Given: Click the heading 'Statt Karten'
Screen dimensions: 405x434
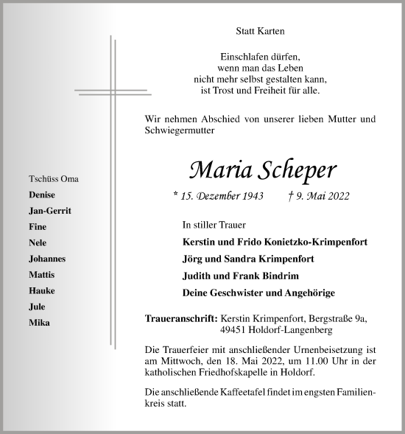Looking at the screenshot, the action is [259, 31].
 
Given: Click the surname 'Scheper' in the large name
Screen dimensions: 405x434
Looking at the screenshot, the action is [298, 169].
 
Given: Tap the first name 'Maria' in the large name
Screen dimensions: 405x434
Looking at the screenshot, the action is [219, 169].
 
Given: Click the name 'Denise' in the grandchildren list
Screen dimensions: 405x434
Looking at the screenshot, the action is [42, 195].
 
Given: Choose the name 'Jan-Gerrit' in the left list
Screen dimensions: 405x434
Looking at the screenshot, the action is [50, 211].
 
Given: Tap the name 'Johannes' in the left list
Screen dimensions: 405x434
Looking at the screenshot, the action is [47, 259].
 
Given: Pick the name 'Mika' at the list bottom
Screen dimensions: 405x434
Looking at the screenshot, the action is [39, 323].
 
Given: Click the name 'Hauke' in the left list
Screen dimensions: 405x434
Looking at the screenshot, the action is [41, 290].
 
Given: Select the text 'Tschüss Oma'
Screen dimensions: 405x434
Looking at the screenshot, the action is [53, 179].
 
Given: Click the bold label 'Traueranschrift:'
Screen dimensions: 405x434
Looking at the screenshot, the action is [181, 318].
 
